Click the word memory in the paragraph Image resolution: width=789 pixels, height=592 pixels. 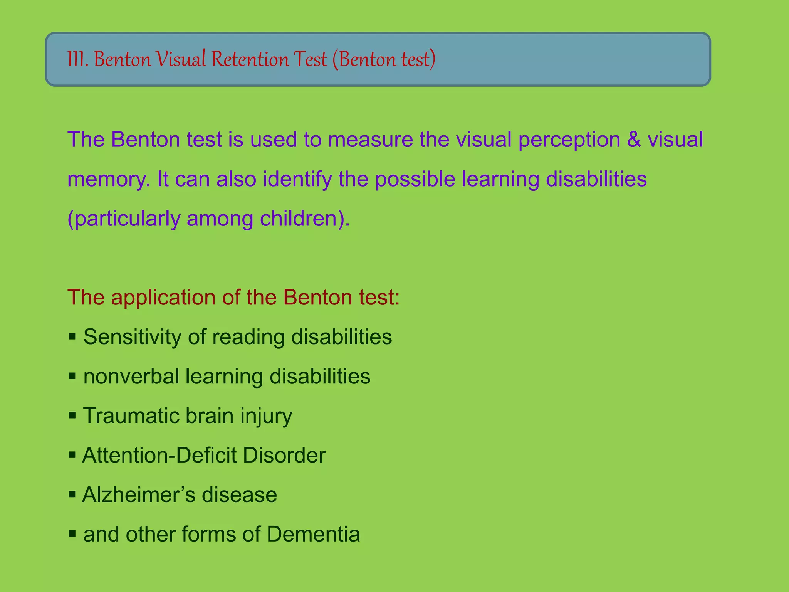pyautogui.click(x=109, y=180)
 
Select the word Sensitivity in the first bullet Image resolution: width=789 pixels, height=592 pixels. pyautogui.click(x=133, y=337)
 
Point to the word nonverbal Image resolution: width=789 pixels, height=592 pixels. pyautogui.click(x=131, y=377)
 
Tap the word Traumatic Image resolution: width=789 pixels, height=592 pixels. pyautogui.click(x=131, y=416)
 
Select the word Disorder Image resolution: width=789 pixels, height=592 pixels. pyautogui.click(x=284, y=455)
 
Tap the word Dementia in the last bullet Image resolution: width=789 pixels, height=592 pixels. pyautogui.click(x=313, y=534)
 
